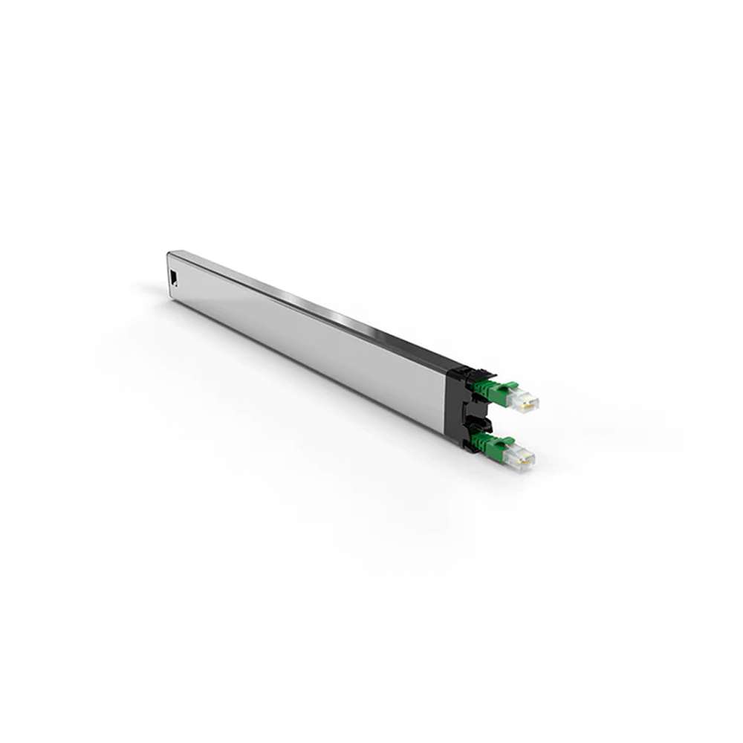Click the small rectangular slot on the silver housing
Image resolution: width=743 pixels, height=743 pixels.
(x=173, y=277)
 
